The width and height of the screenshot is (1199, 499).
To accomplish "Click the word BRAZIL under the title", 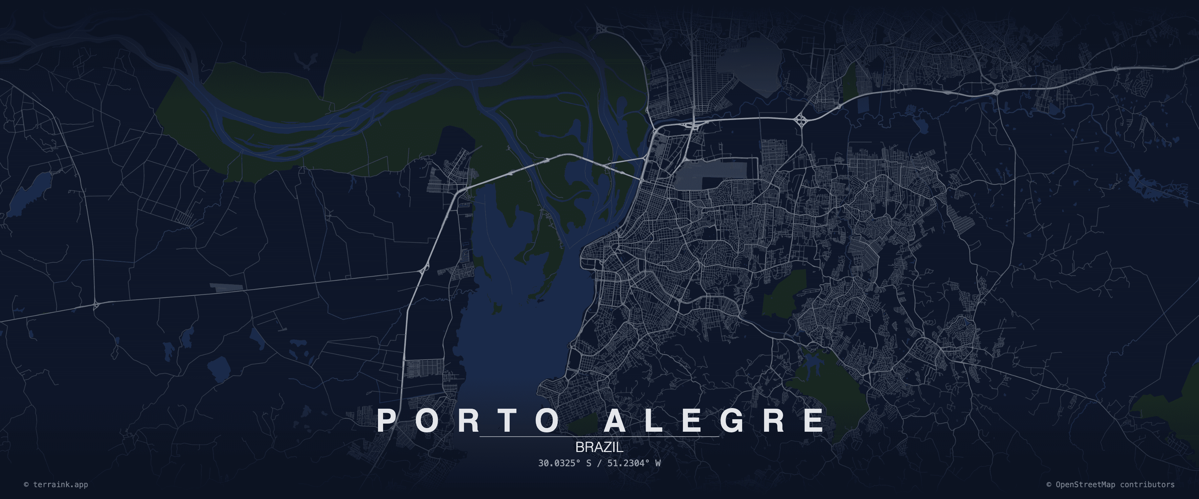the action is (599, 447).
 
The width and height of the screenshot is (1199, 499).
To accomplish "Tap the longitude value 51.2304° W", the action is (634, 463).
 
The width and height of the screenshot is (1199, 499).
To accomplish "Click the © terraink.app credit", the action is (56, 484).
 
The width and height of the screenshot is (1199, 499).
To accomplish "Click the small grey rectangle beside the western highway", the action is (226, 287).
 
